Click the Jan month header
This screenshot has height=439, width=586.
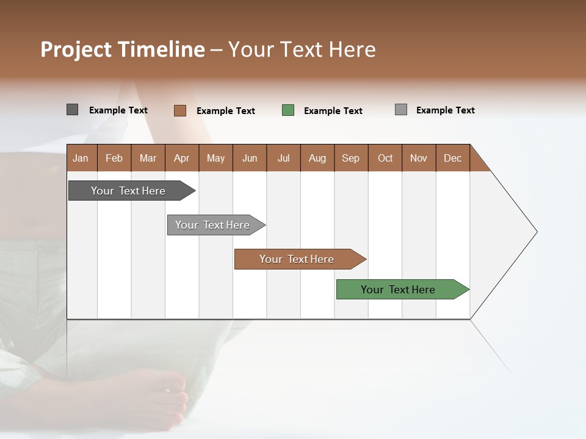click(81, 158)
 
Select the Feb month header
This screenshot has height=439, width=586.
click(114, 158)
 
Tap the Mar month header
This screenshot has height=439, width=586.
click(148, 158)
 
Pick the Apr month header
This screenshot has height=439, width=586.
click(182, 158)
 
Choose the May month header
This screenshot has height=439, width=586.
click(215, 158)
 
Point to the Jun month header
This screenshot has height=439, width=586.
click(250, 158)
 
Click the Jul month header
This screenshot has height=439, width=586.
click(283, 158)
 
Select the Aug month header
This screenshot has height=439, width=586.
click(317, 158)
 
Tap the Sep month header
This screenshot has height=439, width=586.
click(351, 158)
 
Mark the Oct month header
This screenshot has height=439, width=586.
click(385, 158)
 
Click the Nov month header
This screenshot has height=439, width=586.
click(419, 158)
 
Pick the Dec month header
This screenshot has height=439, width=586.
click(452, 158)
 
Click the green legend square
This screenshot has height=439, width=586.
click(288, 110)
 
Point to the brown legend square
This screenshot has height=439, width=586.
click(180, 110)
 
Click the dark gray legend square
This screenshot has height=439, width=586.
click(73, 110)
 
